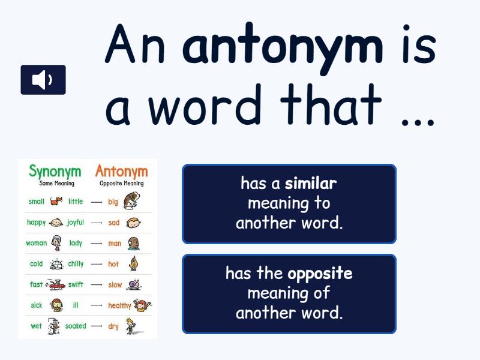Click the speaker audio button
click(43, 80)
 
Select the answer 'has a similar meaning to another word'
click(289, 204)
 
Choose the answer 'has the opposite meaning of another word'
click(289, 294)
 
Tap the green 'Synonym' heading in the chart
click(55, 172)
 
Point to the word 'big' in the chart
click(113, 202)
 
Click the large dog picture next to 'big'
click(131, 201)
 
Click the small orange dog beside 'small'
click(56, 201)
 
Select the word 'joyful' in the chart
click(76, 223)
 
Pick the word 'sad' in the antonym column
click(113, 223)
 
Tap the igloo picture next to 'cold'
click(56, 264)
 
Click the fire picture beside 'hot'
click(134, 263)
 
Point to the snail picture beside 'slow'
click(134, 284)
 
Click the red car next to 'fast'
click(55, 284)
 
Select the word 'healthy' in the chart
click(119, 305)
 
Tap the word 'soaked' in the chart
click(76, 326)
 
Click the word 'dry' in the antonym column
click(113, 326)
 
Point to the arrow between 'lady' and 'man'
click(97, 244)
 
